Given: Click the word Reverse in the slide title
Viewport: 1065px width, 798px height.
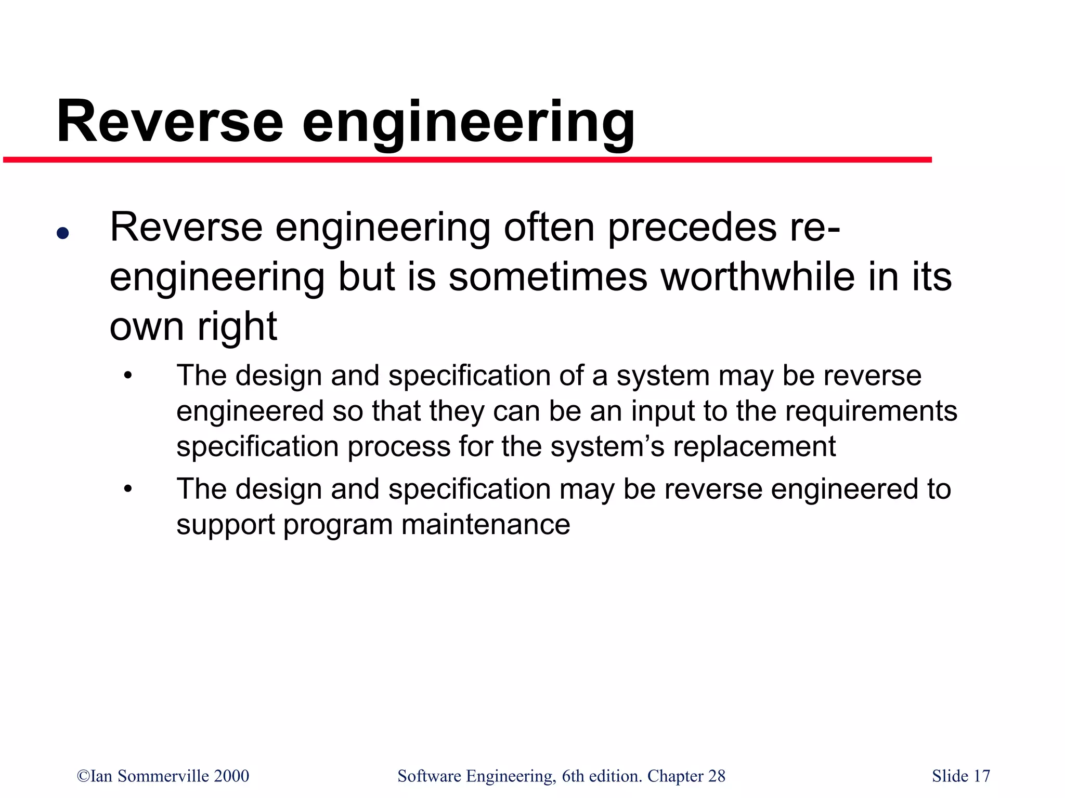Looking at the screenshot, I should click(x=170, y=123).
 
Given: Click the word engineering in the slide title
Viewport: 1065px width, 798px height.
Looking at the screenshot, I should click(x=468, y=125).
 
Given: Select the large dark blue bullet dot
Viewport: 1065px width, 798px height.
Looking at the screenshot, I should click(x=63, y=233).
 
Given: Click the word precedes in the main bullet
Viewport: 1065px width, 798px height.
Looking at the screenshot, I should click(x=692, y=228).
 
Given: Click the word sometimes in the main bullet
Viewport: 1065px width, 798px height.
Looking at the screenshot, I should click(x=548, y=277).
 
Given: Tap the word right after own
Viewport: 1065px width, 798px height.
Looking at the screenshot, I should click(x=237, y=327).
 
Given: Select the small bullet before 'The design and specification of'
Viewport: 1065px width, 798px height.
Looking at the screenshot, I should click(x=128, y=375).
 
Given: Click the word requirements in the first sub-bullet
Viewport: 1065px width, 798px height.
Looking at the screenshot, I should click(x=871, y=411).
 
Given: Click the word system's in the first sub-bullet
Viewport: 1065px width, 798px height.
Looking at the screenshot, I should click(x=607, y=446).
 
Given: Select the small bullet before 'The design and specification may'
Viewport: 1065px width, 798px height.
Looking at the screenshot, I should click(x=128, y=489).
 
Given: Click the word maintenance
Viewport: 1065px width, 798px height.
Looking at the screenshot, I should click(x=486, y=524).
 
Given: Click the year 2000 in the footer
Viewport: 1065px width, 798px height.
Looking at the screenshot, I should click(x=232, y=776).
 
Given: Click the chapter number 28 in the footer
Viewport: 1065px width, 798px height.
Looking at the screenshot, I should click(x=717, y=776).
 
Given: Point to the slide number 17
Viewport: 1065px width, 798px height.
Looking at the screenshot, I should click(x=981, y=776).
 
